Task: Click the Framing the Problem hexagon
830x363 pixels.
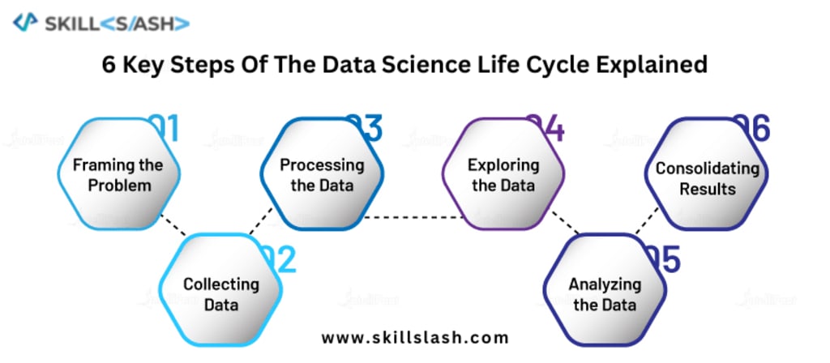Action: click(118, 175)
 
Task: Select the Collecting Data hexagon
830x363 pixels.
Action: click(220, 293)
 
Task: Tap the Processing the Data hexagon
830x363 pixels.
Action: click(321, 175)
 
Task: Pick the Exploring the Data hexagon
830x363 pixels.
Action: click(503, 175)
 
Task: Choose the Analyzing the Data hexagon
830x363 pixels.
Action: click(604, 293)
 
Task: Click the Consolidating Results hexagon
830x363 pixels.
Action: click(707, 178)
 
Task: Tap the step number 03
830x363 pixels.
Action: click(365, 128)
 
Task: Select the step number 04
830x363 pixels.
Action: click(547, 128)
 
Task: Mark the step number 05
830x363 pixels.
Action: click(663, 259)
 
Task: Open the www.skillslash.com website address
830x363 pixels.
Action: click(415, 337)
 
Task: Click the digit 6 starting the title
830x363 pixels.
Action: click(109, 65)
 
